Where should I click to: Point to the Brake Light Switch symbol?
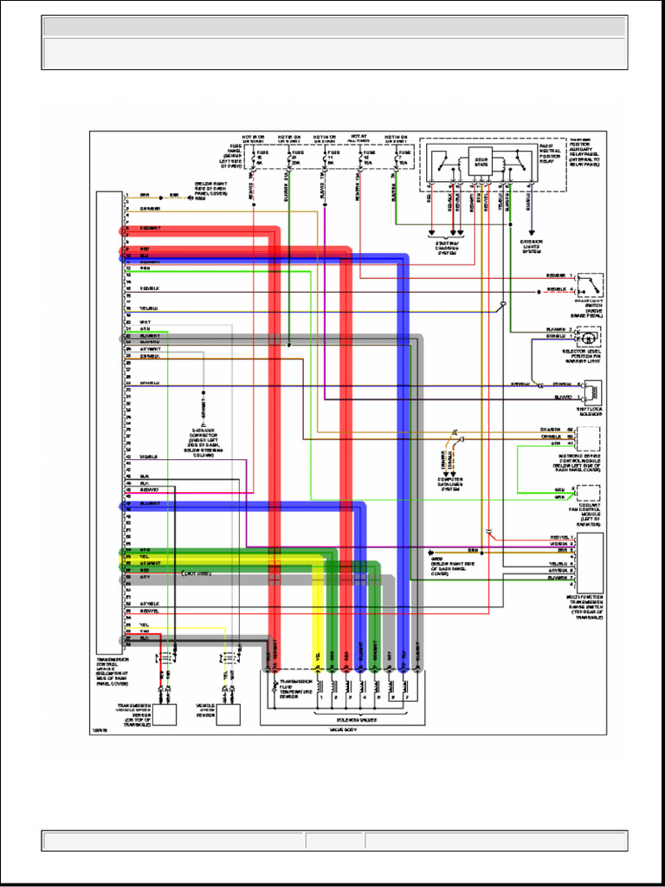click(591, 285)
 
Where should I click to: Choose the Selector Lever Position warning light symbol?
click(593, 337)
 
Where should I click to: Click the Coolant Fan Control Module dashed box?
click(591, 495)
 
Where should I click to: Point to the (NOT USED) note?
click(197, 573)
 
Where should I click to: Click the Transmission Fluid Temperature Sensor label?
click(295, 689)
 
